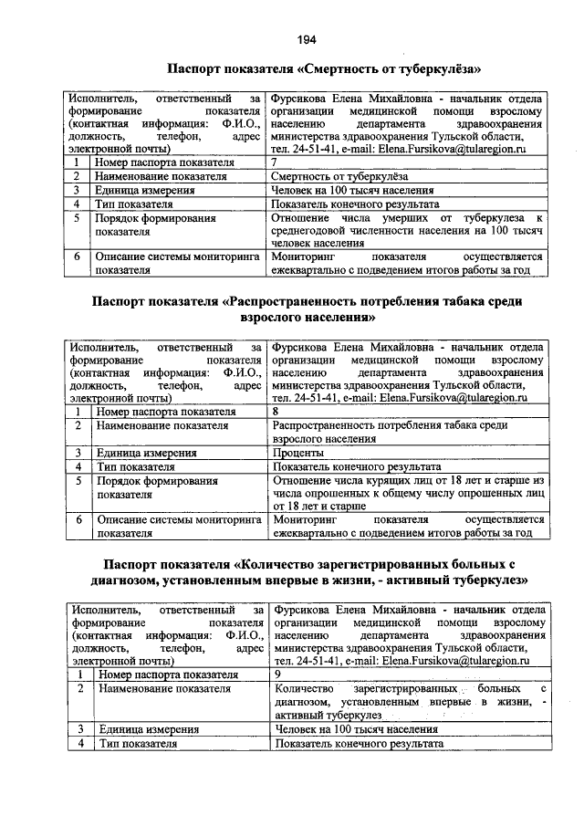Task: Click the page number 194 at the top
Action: tap(306, 39)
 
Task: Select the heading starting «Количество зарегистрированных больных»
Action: tap(309, 571)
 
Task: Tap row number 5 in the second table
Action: tap(79, 479)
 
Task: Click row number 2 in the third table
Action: tap(80, 689)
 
